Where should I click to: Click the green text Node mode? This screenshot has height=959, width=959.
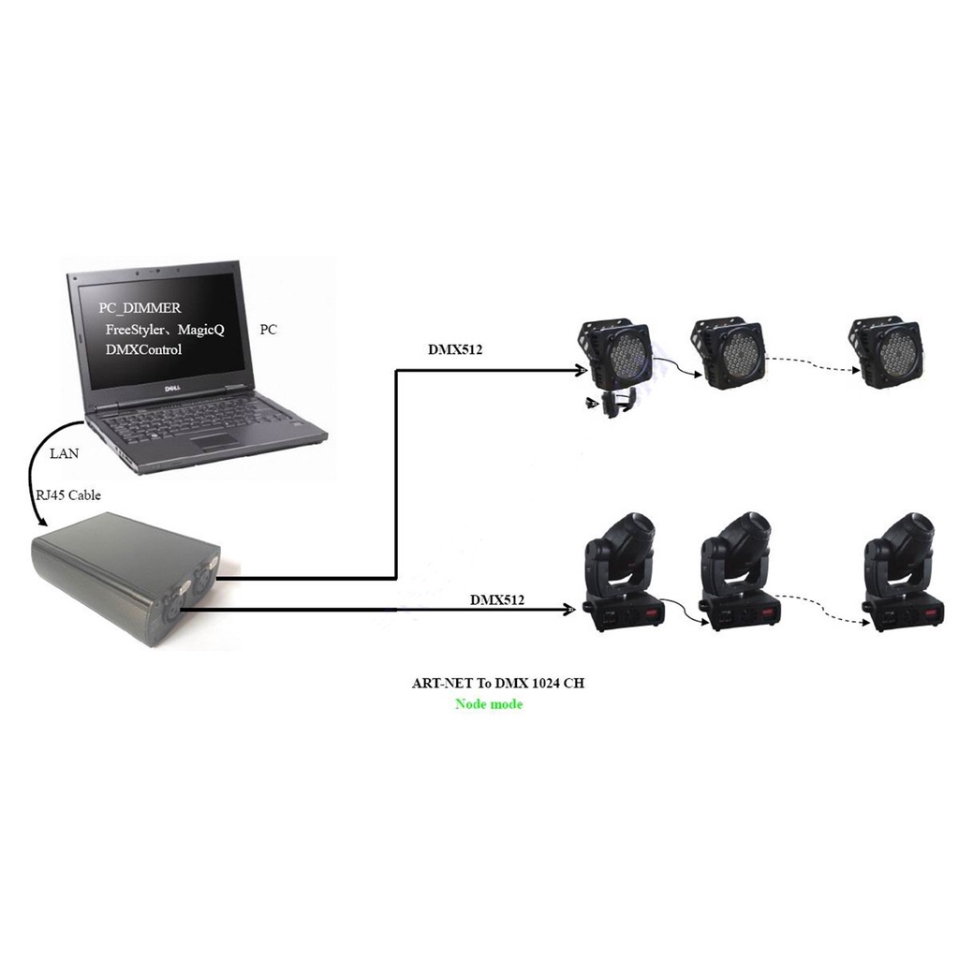click(x=489, y=704)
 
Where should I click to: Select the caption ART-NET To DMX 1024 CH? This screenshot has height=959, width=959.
click(x=498, y=684)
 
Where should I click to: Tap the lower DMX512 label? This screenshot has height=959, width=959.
click(x=497, y=598)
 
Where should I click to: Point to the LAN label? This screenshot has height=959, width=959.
click(x=64, y=453)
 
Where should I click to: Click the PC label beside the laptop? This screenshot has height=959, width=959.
click(x=268, y=331)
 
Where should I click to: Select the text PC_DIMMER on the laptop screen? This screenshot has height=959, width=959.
click(x=140, y=308)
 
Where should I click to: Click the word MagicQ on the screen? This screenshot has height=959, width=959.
click(x=199, y=329)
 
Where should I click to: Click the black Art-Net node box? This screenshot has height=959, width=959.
click(x=126, y=586)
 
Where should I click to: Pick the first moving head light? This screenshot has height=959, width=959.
click(x=622, y=572)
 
